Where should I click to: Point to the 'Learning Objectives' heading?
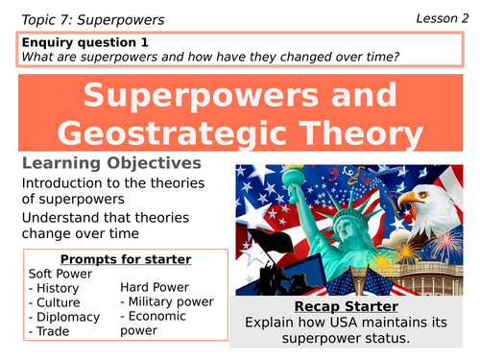click(111, 164)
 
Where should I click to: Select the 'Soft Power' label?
click(61, 274)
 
